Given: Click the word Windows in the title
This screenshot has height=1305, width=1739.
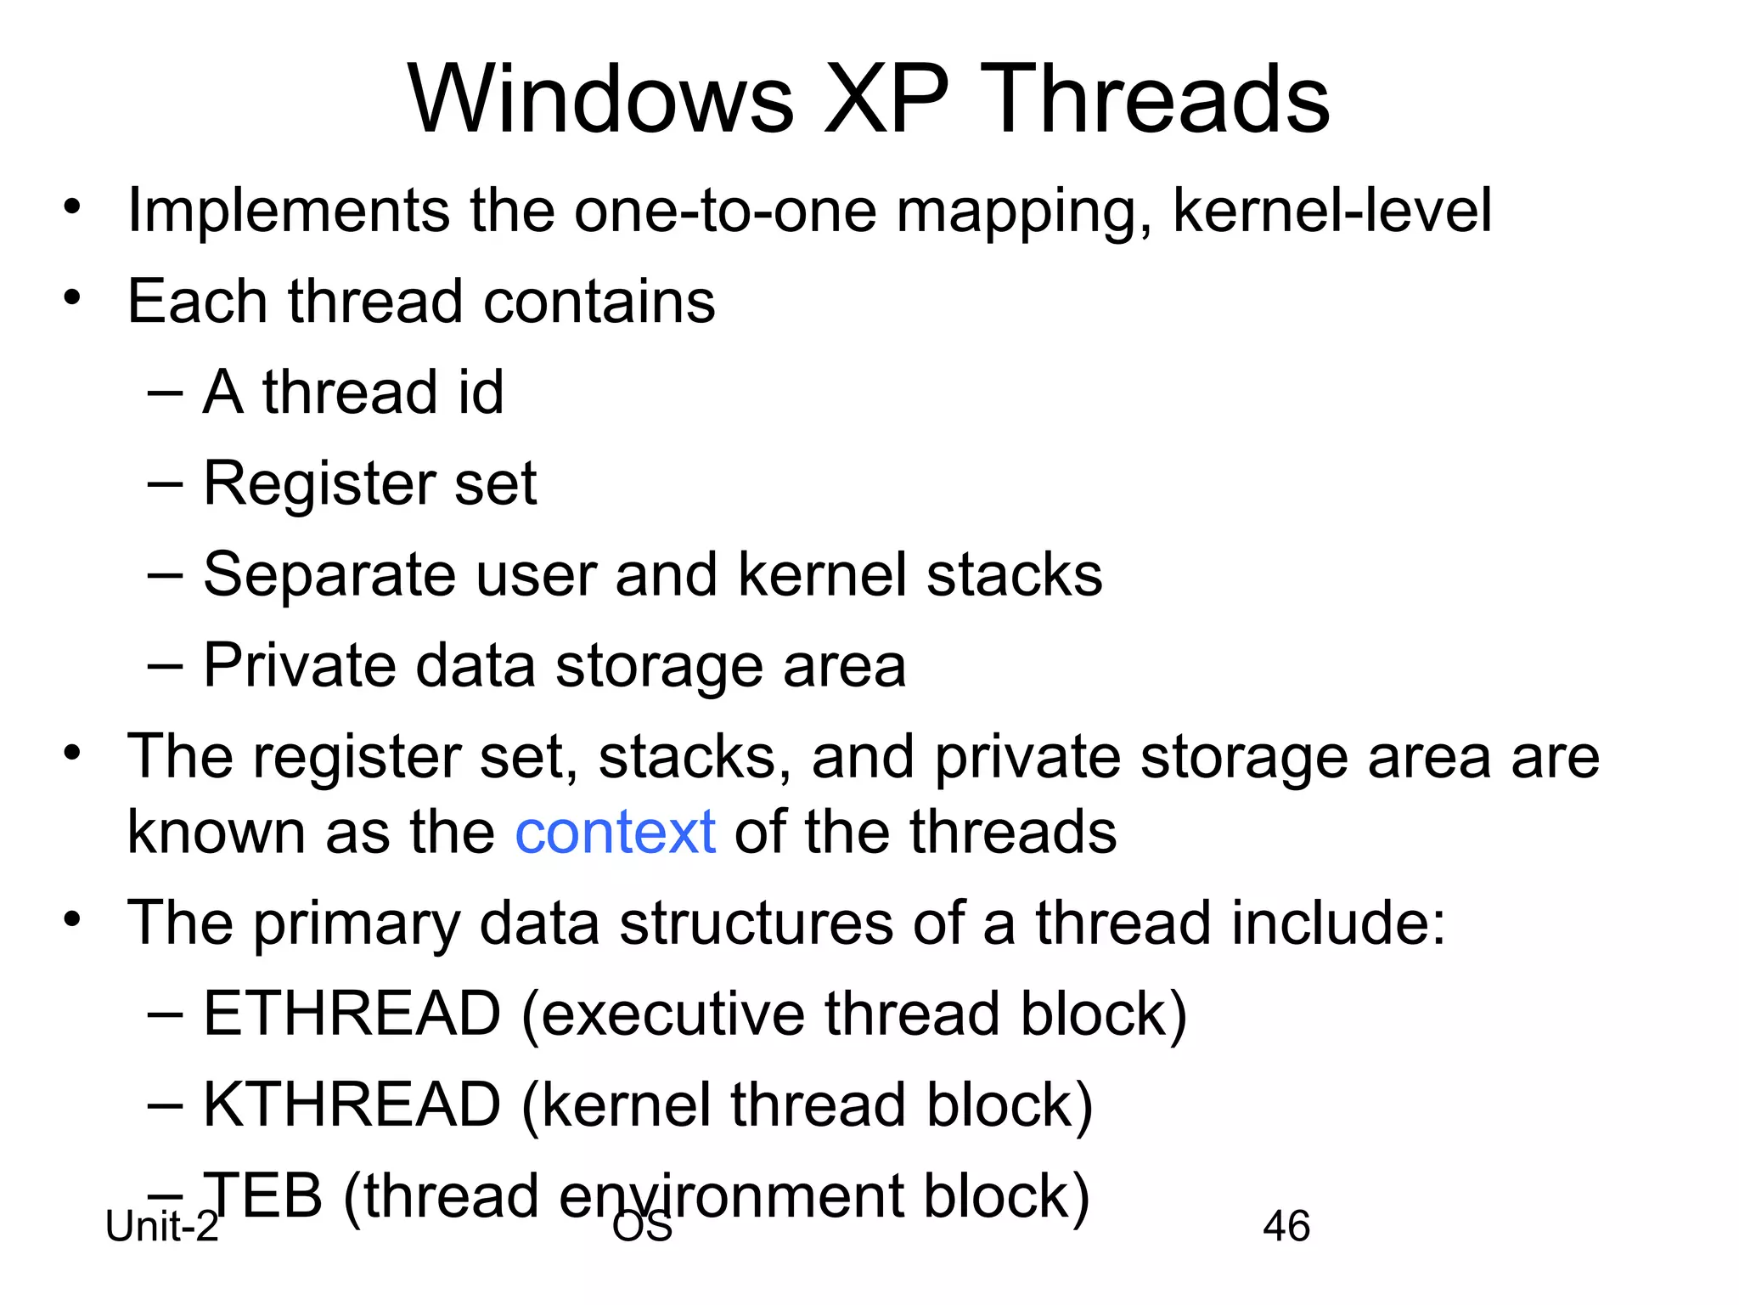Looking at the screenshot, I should point(600,99).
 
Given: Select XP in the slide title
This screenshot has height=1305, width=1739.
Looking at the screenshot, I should point(886,99).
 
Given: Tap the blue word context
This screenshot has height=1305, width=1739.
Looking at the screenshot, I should point(615,832).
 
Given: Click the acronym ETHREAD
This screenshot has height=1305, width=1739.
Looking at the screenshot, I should point(352,1014).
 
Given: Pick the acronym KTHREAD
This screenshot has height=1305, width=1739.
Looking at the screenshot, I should point(352,1104).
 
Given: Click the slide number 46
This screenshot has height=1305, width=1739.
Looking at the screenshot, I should point(1286,1226).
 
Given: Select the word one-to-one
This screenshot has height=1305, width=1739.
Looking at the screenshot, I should point(725,211).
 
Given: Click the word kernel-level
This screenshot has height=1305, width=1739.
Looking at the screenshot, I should point(1331,211).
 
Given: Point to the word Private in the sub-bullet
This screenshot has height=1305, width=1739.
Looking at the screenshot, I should point(300,665).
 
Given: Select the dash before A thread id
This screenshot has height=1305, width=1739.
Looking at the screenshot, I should point(164,393).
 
